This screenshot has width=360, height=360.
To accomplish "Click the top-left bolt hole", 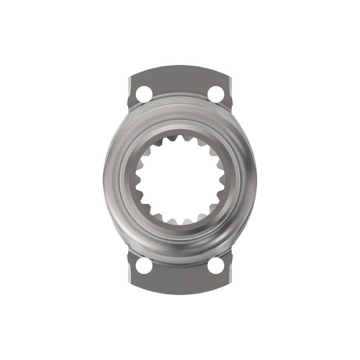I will (x=143, y=94).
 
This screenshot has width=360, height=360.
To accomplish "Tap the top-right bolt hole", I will (x=216, y=94).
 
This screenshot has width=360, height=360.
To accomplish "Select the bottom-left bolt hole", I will (x=143, y=265).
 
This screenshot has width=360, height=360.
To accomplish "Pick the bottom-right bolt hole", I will (x=216, y=265).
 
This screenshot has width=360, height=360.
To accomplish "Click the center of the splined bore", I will (x=180, y=180).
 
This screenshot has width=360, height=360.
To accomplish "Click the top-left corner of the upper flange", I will (x=130, y=77).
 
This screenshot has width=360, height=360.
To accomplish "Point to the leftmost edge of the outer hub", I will (x=104, y=180).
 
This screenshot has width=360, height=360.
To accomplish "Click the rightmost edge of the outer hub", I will (x=256, y=180).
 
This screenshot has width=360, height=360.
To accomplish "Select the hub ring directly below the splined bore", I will (x=180, y=237).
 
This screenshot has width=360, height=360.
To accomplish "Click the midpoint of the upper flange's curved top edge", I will (x=180, y=69).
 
